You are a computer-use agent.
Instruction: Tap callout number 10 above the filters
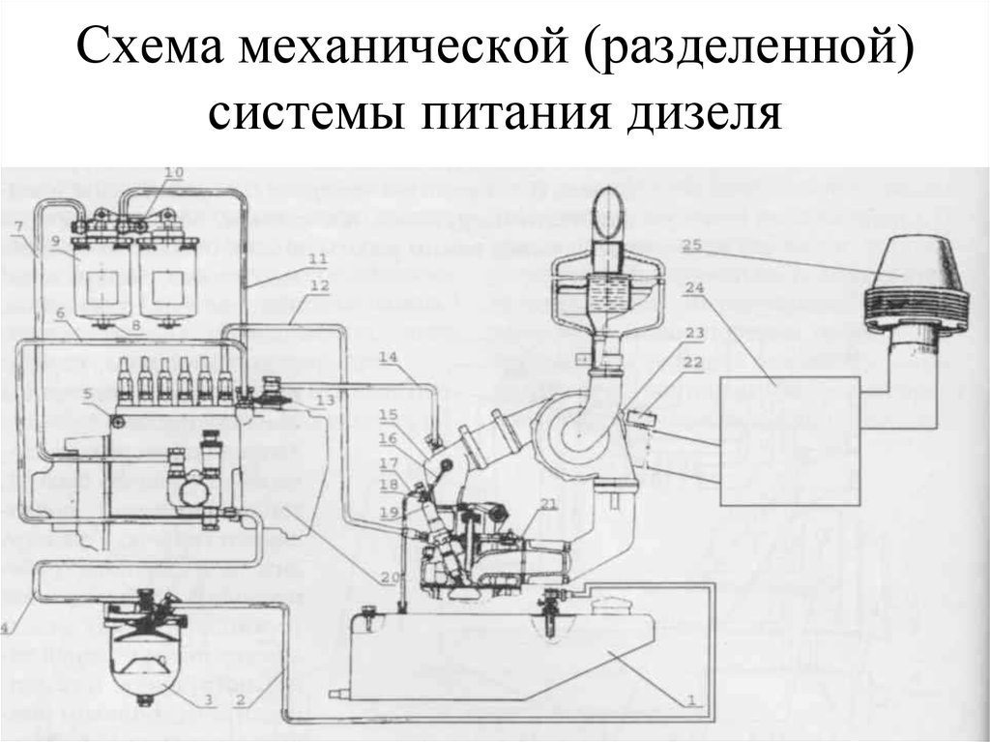click(x=173, y=173)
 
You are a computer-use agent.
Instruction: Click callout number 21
click(x=549, y=502)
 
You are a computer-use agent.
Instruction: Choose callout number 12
click(x=320, y=285)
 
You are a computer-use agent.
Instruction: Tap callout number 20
click(x=389, y=578)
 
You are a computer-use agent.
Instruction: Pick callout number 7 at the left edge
click(x=18, y=227)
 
